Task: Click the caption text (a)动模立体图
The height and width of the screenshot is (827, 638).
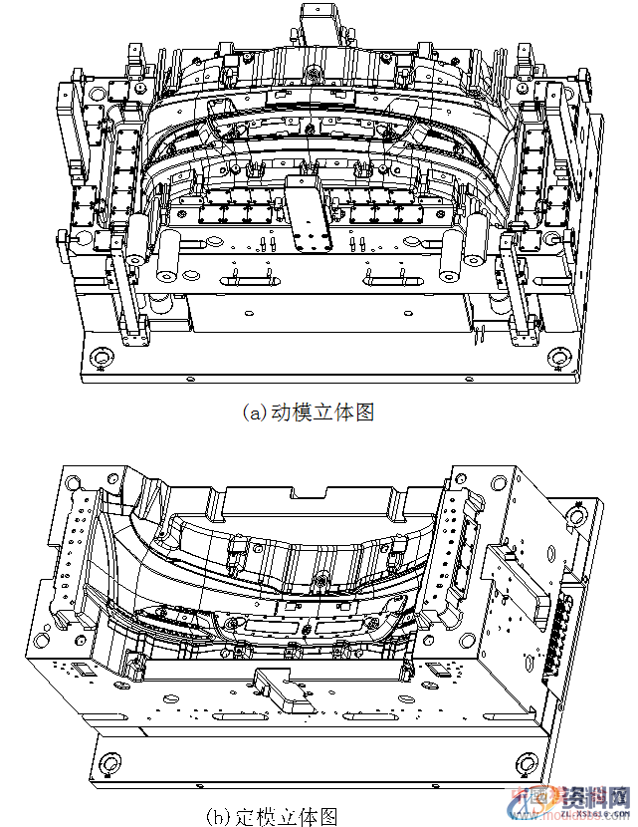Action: click(308, 413)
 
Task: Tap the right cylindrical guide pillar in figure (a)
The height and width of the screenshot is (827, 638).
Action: click(476, 245)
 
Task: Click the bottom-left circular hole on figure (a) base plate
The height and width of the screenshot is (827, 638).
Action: click(100, 357)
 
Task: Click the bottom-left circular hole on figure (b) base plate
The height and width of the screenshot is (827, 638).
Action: click(106, 764)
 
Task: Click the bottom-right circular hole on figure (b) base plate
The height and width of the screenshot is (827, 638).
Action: click(529, 764)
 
